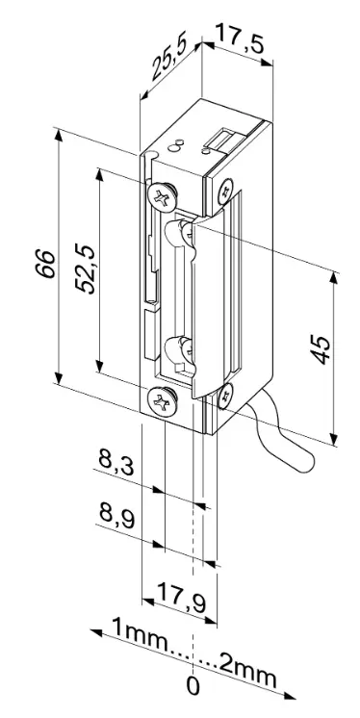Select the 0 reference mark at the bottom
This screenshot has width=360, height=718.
click(x=193, y=688)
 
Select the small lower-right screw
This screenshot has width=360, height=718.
click(x=224, y=392)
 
